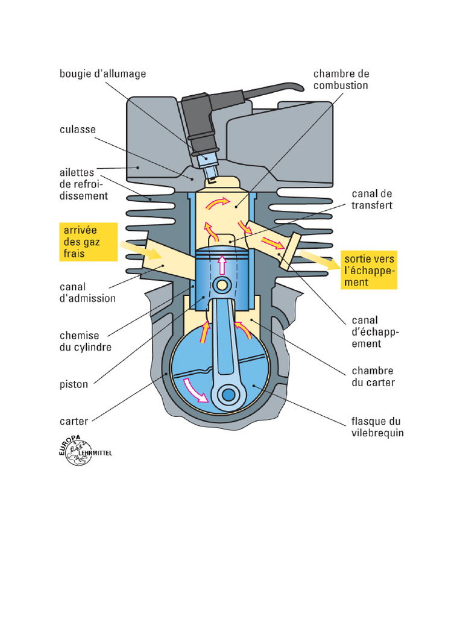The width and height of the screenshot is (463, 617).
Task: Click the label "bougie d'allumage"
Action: [x=102, y=74]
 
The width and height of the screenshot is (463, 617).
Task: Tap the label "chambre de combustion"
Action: [x=341, y=80]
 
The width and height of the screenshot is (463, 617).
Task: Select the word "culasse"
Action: [x=77, y=130]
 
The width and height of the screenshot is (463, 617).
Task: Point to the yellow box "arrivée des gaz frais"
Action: [x=88, y=241]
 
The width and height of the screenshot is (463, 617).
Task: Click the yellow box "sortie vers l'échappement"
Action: [x=369, y=270]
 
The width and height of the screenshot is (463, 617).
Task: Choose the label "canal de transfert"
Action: [x=372, y=199]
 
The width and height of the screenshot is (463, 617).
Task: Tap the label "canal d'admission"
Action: [x=87, y=292]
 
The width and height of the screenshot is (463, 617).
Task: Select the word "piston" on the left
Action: [x=74, y=384]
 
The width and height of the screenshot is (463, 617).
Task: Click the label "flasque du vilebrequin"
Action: [x=377, y=427]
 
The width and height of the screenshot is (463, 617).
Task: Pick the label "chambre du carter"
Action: [x=373, y=377]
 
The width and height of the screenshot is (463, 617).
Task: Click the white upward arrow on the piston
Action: [x=222, y=265]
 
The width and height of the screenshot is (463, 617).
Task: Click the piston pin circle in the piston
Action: [x=222, y=284]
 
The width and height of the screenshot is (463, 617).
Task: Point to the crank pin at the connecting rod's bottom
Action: [x=228, y=395]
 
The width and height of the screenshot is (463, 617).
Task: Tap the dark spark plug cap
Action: [x=197, y=120]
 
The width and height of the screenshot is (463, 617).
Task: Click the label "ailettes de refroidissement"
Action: [x=84, y=184]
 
